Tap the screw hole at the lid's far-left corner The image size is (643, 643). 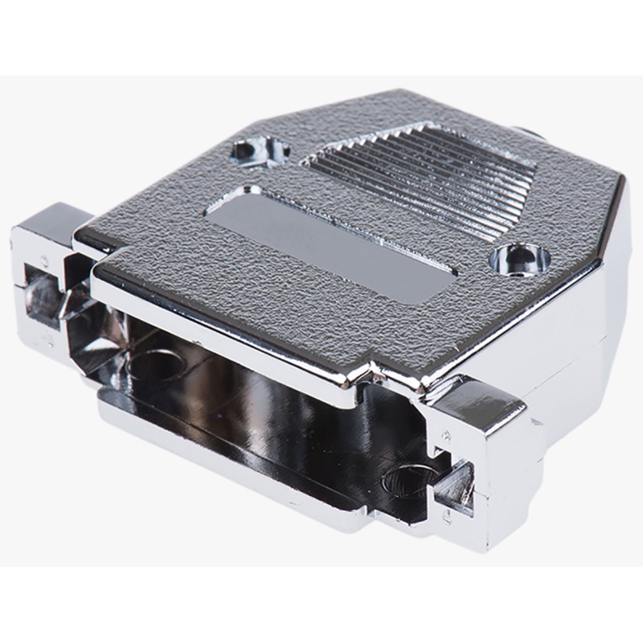tap(260, 150)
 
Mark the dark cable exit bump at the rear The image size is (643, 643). tap(526, 129)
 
